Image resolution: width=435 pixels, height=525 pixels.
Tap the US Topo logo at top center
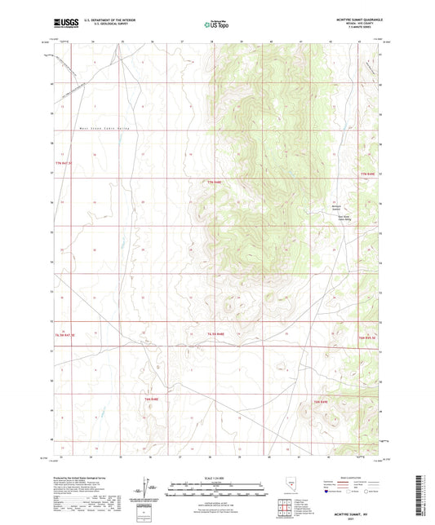pyautogui.click(x=216, y=24)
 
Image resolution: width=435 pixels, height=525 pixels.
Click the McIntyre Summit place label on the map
pyautogui.click(x=341, y=207)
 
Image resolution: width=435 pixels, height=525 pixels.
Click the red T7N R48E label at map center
pyautogui.click(x=215, y=181)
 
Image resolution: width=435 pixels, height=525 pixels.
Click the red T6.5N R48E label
pyautogui.click(x=215, y=334)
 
